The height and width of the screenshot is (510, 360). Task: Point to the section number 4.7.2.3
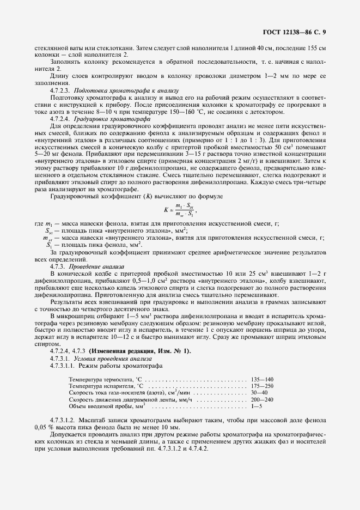(61, 90)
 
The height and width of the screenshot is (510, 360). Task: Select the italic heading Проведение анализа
(91, 266)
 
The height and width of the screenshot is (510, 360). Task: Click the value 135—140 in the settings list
(262, 379)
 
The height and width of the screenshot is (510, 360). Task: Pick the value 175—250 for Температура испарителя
(262, 386)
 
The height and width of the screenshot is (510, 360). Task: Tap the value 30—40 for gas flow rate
(259, 392)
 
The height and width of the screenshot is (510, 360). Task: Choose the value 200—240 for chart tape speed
(262, 399)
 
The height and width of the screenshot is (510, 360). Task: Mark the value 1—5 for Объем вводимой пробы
(257, 406)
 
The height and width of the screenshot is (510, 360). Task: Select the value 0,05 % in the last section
(44, 428)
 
